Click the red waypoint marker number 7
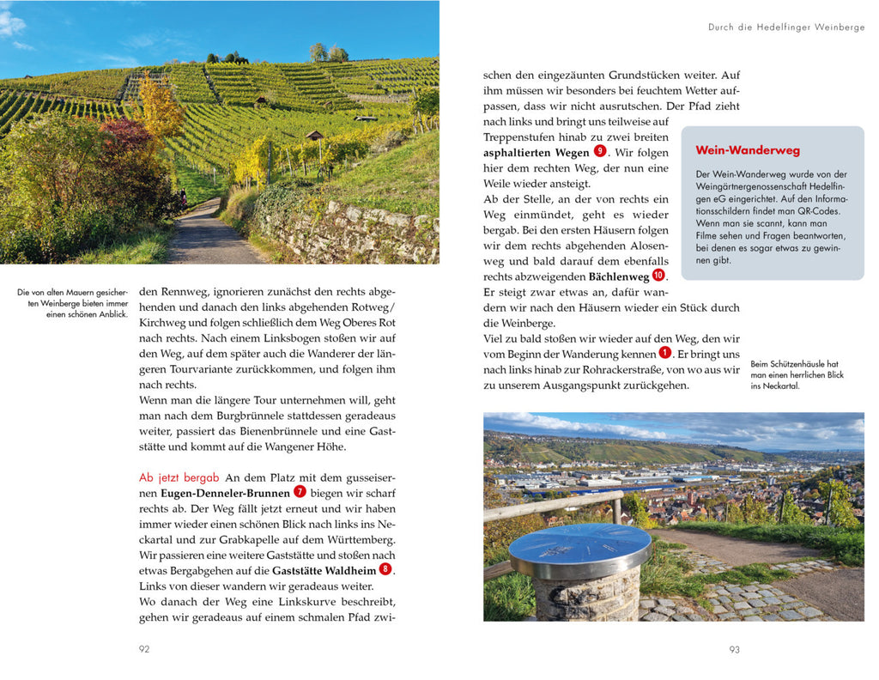[300, 492]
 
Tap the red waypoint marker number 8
[385, 569]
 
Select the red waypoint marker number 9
[600, 151]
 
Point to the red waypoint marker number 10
[658, 276]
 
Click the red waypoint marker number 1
[664, 353]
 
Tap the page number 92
[144, 649]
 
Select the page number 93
[734, 649]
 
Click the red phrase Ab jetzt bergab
[179, 477]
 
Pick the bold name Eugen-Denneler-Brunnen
[225, 493]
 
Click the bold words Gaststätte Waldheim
[324, 570]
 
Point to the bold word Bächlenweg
[618, 276]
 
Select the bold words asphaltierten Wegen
[536, 153]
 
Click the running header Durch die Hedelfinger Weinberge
[785, 27]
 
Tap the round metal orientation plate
[579, 549]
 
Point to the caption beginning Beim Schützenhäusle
[797, 374]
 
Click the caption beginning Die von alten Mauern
[72, 303]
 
